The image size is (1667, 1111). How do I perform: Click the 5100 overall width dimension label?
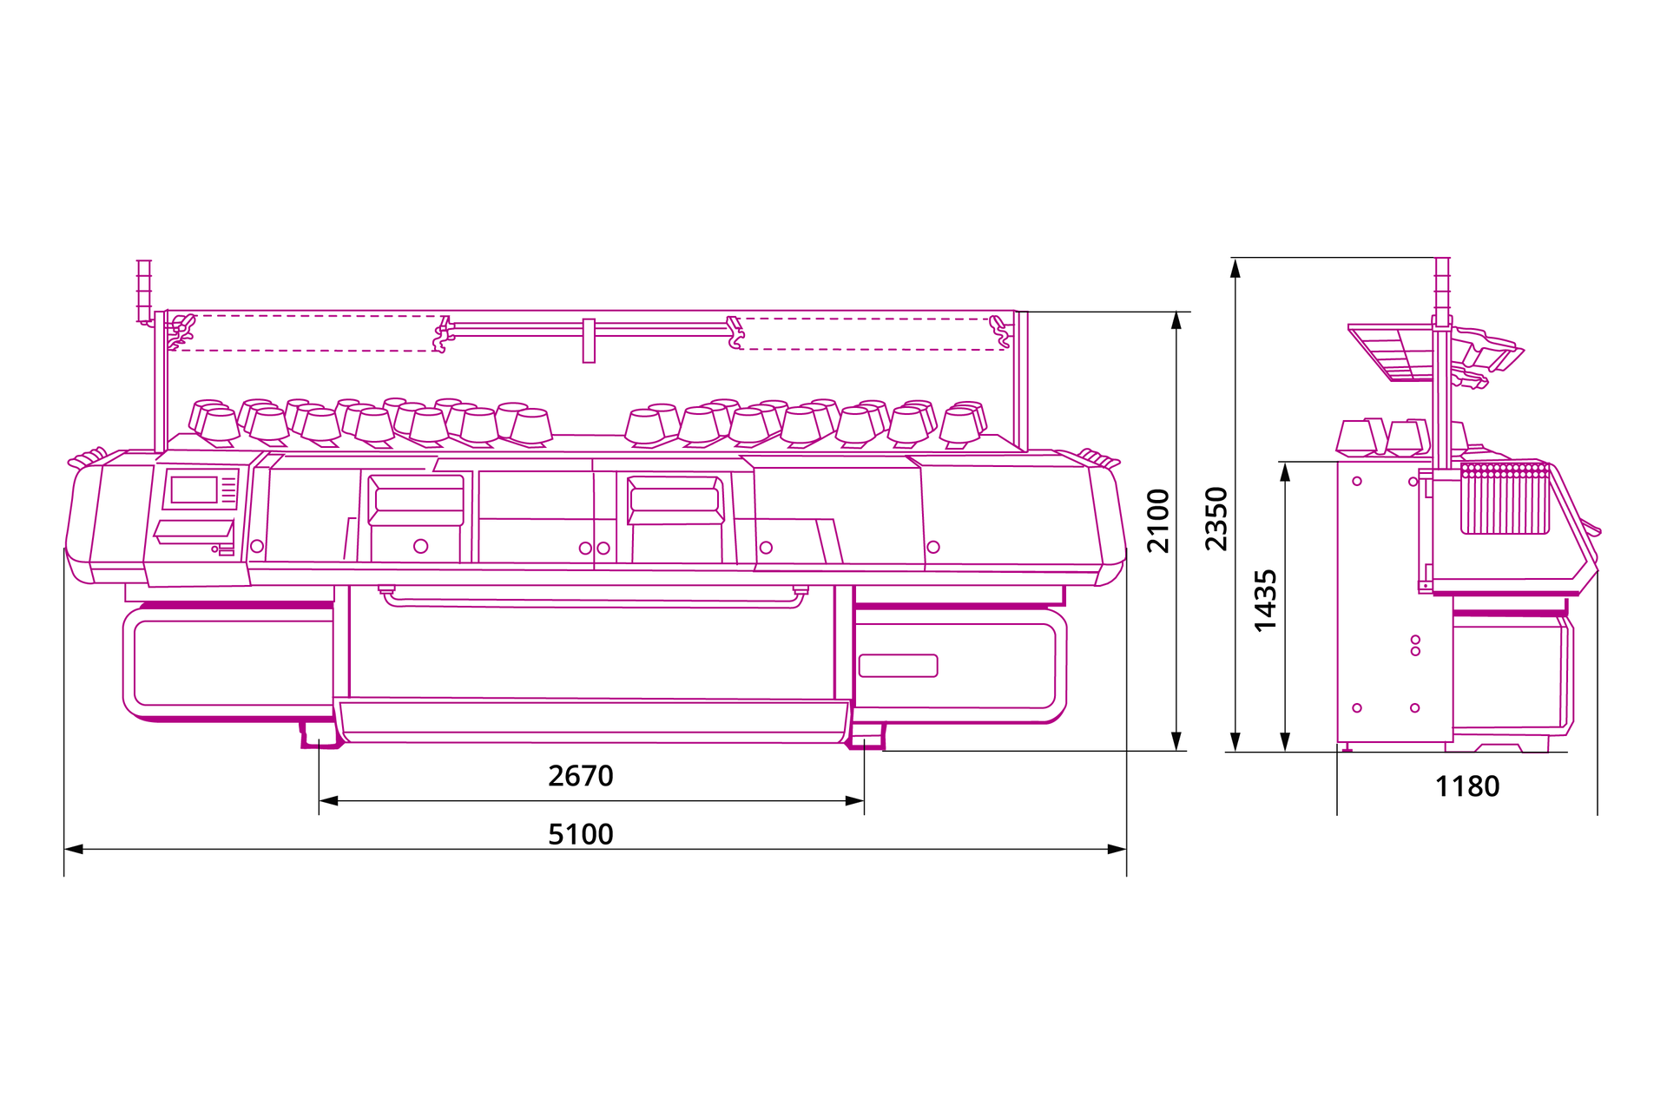tap(580, 834)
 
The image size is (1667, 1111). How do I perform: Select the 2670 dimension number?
tap(580, 776)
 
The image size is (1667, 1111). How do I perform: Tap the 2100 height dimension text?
tap(1158, 521)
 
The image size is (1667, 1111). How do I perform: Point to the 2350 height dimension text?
tap(1216, 519)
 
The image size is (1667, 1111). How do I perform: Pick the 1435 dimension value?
tap(1266, 601)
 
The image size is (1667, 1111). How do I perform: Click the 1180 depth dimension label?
tap(1467, 786)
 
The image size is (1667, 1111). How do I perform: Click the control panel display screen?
tap(194, 490)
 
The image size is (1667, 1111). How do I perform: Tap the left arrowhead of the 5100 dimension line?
tap(74, 849)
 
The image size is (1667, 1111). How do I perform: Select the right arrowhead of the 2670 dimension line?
tap(854, 800)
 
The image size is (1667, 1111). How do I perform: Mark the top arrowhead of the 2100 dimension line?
tap(1176, 321)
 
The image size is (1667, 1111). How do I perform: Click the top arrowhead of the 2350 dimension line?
tap(1235, 267)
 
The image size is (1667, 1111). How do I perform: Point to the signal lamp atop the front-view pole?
tap(144, 291)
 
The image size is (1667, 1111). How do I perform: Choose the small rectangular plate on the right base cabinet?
tap(898, 666)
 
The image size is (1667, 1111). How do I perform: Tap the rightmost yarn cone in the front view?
tap(963, 424)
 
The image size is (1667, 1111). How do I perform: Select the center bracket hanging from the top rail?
tap(589, 340)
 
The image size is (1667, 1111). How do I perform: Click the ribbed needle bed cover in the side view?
tap(1506, 498)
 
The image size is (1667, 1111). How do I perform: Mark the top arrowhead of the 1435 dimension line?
tap(1285, 471)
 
